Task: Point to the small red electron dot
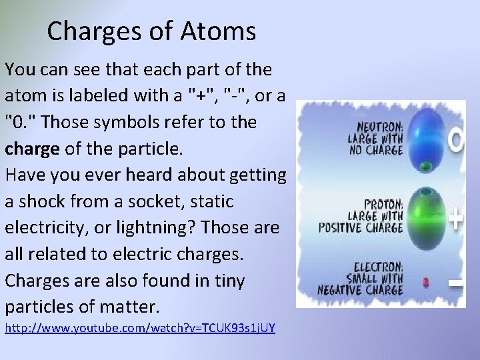point(427,282)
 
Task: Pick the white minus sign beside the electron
point(455,285)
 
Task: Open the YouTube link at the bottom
point(140,328)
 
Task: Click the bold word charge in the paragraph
point(32,149)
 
